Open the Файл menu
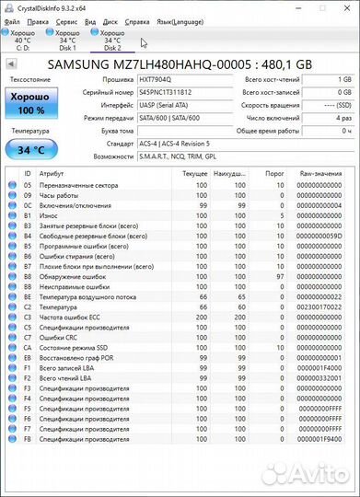click(12, 19)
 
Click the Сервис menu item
click(66, 19)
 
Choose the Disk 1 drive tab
click(67, 40)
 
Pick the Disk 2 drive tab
click(112, 40)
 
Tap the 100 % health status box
click(30, 103)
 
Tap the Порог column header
click(274, 173)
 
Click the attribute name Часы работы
click(59, 195)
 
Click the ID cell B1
click(28, 215)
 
